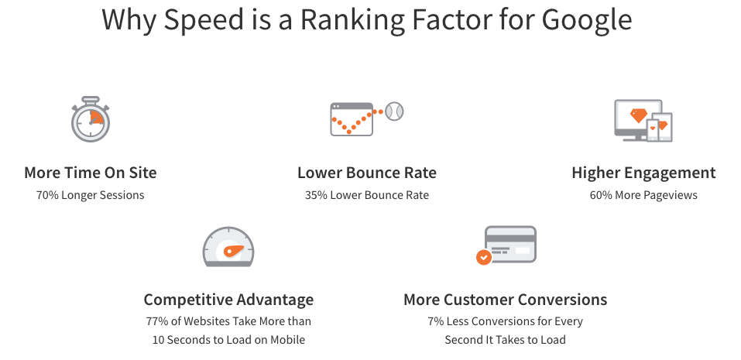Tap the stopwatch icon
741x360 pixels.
pyautogui.click(x=91, y=119)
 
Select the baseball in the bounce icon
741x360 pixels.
pyautogui.click(x=395, y=111)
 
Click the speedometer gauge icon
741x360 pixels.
pyautogui.click(x=228, y=247)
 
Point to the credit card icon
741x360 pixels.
pyautogui.click(x=510, y=244)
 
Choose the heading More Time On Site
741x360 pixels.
pyautogui.click(x=90, y=173)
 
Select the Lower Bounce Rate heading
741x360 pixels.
pyautogui.click(x=367, y=173)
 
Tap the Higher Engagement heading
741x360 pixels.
pyautogui.click(x=643, y=173)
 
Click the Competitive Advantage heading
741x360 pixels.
pyautogui.click(x=228, y=300)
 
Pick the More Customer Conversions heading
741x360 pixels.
pyautogui.click(x=505, y=300)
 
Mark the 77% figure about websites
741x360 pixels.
pyautogui.click(x=158, y=321)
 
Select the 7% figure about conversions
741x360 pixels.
pyautogui.click(x=435, y=321)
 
